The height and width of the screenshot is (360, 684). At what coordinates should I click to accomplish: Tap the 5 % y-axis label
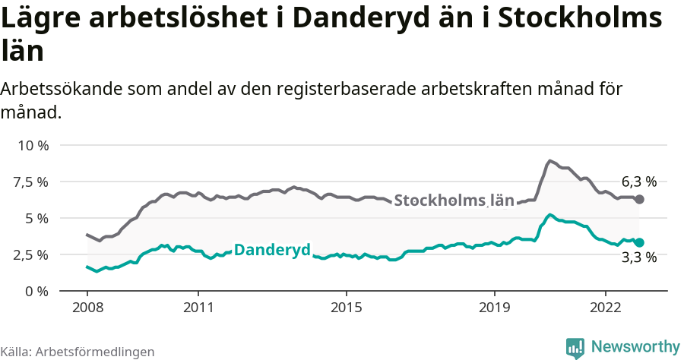click(x=36, y=218)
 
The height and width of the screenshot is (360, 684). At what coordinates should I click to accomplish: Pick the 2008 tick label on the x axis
click(x=87, y=308)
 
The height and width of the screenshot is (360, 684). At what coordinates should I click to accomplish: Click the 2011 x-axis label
click(x=198, y=308)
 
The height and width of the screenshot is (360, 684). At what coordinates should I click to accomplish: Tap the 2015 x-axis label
click(x=346, y=308)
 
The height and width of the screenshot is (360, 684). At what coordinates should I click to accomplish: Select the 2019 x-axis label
click(x=494, y=308)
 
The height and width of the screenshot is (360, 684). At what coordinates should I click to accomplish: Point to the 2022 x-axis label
click(x=605, y=308)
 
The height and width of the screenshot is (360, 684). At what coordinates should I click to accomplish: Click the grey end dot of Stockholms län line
click(x=640, y=199)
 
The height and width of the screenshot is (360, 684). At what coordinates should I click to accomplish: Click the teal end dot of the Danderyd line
click(x=640, y=242)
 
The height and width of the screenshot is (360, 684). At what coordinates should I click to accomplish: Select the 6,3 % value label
click(x=639, y=182)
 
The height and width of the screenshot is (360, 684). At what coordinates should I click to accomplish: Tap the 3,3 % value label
click(x=639, y=257)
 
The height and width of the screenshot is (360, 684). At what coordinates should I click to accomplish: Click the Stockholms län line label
click(x=454, y=201)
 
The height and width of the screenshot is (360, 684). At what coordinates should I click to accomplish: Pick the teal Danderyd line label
click(x=272, y=250)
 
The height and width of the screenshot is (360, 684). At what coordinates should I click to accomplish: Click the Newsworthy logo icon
click(x=575, y=348)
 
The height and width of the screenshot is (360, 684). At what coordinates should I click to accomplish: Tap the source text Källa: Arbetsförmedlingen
click(x=78, y=352)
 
